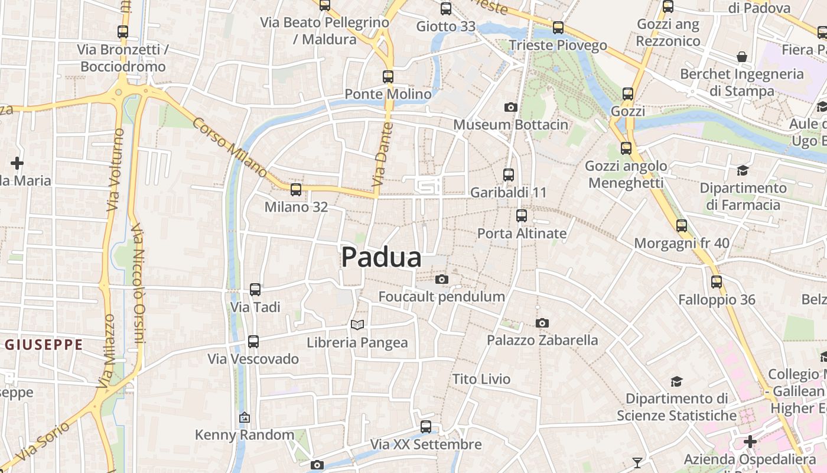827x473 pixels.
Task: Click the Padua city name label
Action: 382,257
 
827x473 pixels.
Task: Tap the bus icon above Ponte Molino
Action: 388,76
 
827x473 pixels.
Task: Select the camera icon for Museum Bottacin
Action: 511,107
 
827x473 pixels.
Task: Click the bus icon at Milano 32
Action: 296,189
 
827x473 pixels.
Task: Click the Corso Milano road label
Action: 230,147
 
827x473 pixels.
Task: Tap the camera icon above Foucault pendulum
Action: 441,279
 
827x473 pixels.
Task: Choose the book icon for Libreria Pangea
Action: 357,324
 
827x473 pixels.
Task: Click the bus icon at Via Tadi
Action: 255,289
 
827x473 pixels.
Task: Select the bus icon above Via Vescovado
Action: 253,341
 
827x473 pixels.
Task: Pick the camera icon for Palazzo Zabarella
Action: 542,323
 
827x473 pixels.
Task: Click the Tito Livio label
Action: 481,379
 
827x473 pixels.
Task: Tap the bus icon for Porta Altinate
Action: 522,215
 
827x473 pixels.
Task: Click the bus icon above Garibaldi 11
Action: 509,174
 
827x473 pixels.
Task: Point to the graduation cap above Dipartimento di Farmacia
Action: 743,170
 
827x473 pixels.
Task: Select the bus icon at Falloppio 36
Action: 717,281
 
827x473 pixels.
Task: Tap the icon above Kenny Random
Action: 245,417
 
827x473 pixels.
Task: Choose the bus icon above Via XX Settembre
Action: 426,426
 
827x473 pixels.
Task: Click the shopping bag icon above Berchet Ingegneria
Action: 742,57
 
